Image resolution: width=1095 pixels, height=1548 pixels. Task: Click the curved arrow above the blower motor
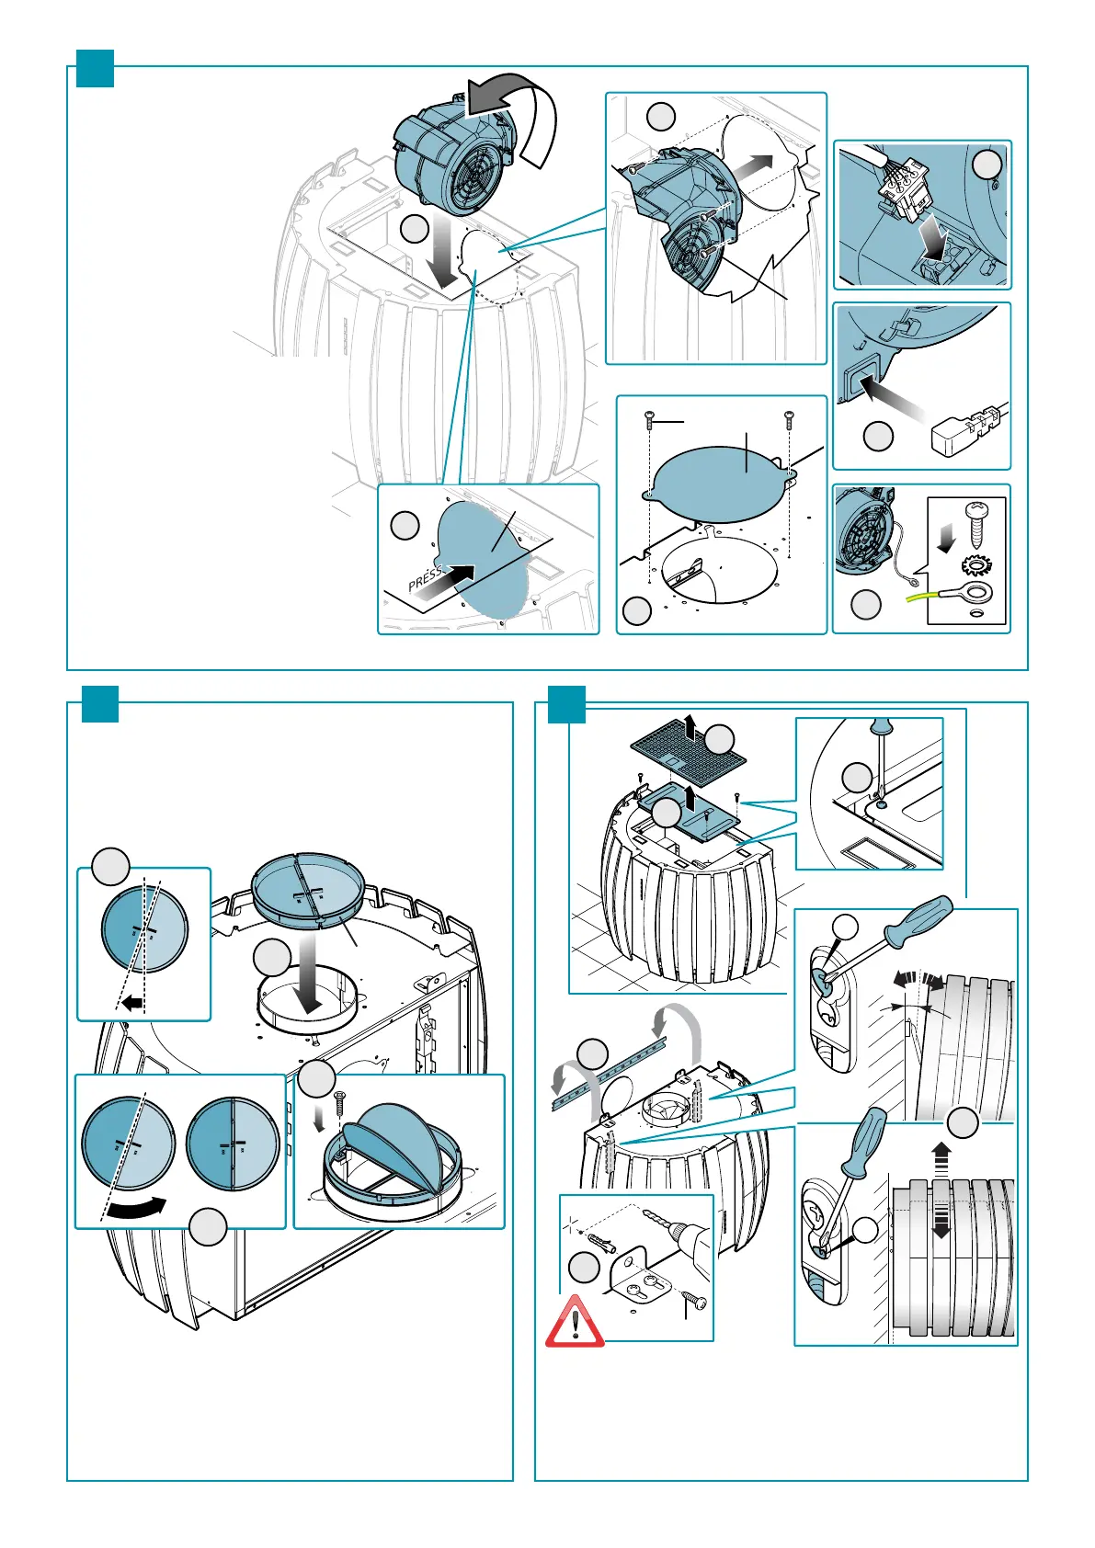515,108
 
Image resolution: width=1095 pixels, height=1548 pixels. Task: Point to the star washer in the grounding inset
973,563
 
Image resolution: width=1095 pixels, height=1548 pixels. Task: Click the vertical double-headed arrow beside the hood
941,1190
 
